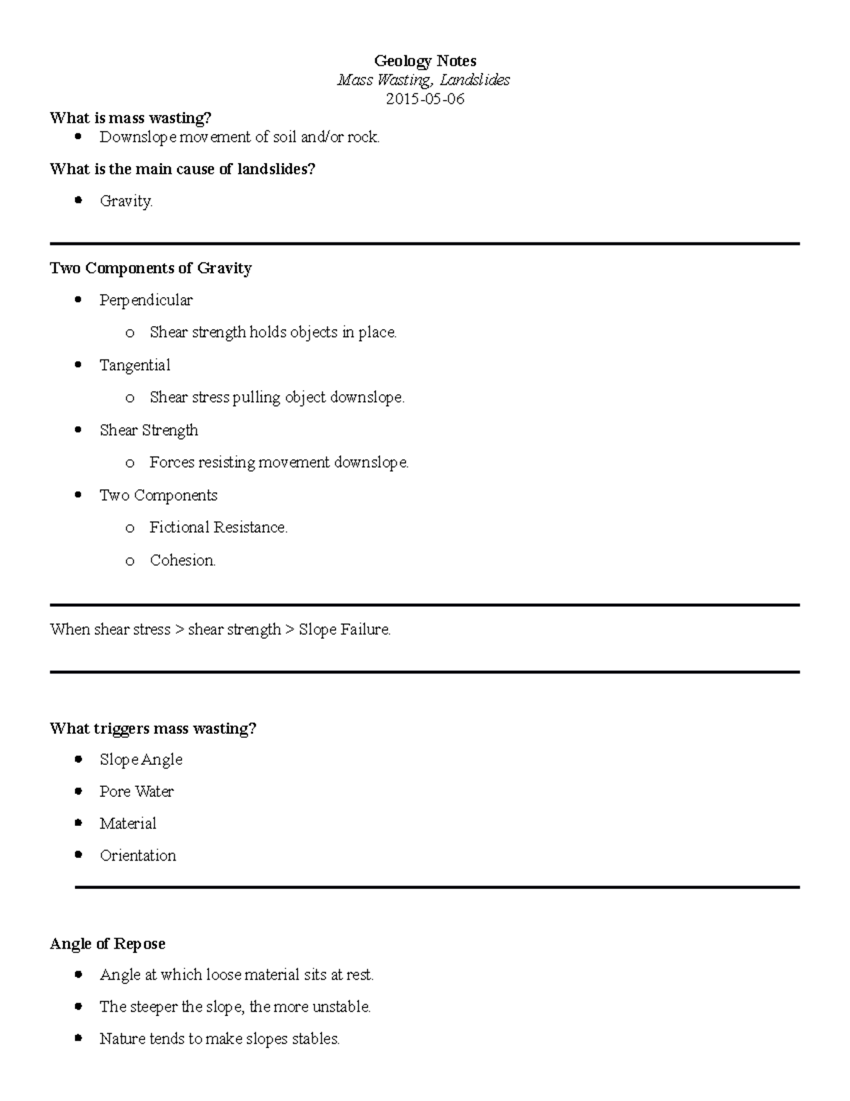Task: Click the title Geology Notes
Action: tap(425, 61)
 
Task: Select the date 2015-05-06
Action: tap(425, 99)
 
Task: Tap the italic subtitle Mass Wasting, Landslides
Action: tap(424, 80)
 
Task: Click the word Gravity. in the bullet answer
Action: tap(126, 201)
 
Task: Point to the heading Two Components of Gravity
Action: tap(151, 268)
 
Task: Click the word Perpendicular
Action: tap(146, 301)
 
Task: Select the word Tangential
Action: tap(135, 365)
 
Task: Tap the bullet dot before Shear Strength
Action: tap(79, 430)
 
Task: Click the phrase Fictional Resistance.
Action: tap(218, 527)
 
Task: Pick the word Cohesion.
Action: tap(182, 560)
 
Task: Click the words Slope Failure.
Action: tap(344, 630)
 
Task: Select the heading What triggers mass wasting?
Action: tap(153, 729)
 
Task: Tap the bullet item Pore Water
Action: tap(137, 791)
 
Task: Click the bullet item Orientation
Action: tap(137, 856)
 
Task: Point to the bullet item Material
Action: tap(127, 824)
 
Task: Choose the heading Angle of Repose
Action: tap(108, 944)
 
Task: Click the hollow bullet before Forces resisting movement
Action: tap(130, 464)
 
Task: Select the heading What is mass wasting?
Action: tap(130, 118)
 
